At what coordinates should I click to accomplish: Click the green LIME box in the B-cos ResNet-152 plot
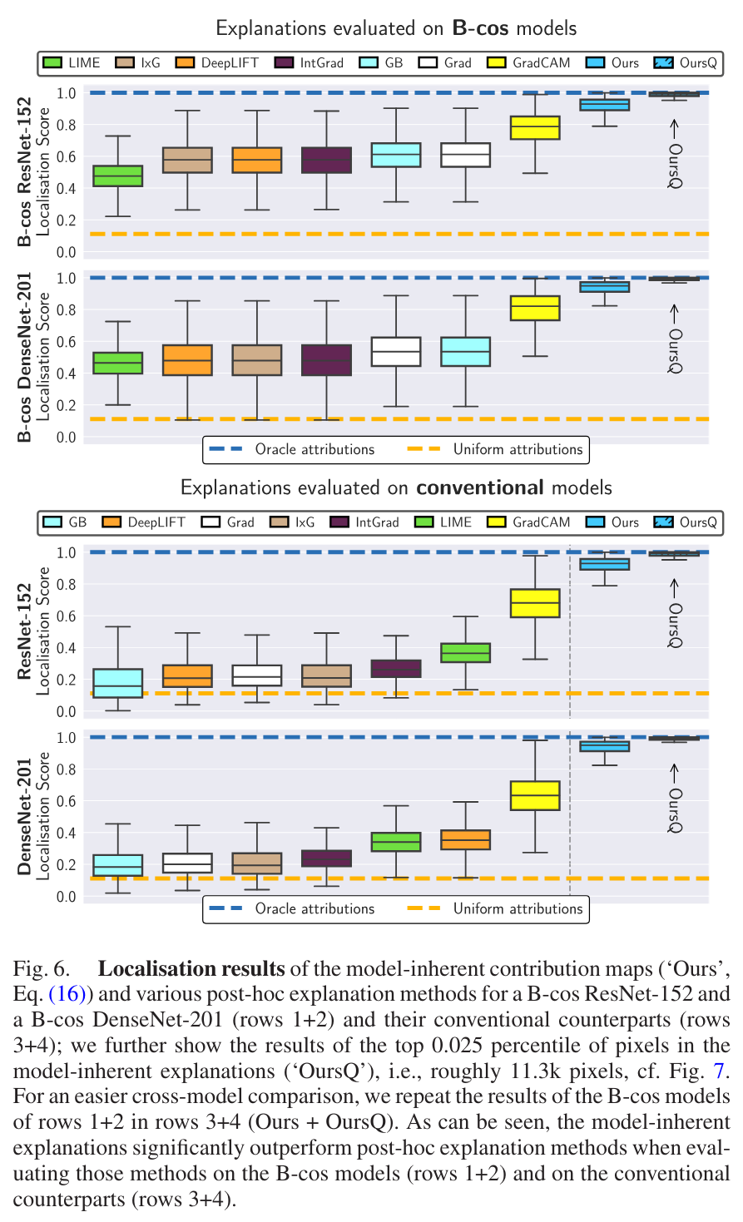pyautogui.click(x=117, y=176)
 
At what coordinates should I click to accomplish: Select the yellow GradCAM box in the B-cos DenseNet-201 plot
pyautogui.click(x=535, y=308)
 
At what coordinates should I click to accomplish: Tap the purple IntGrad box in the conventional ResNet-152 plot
pyautogui.click(x=396, y=669)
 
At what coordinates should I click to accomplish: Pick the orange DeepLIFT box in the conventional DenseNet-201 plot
pyautogui.click(x=466, y=839)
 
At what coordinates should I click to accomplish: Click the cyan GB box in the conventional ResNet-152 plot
pyautogui.click(x=117, y=683)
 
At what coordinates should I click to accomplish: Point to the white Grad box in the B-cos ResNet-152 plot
pyautogui.click(x=465, y=155)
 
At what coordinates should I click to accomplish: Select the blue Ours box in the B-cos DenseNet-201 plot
pyautogui.click(x=604, y=286)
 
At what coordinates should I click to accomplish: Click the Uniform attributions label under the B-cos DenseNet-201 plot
pyautogui.click(x=518, y=449)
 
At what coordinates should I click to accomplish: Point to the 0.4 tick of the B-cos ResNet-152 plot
pyautogui.click(x=66, y=189)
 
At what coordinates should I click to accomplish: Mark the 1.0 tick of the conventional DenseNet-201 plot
pyautogui.click(x=66, y=738)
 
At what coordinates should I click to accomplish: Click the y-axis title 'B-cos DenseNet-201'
pyautogui.click(x=25, y=358)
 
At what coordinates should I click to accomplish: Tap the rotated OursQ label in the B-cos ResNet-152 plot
pyautogui.click(x=675, y=166)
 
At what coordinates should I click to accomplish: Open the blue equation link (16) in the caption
pyautogui.click(x=73, y=994)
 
